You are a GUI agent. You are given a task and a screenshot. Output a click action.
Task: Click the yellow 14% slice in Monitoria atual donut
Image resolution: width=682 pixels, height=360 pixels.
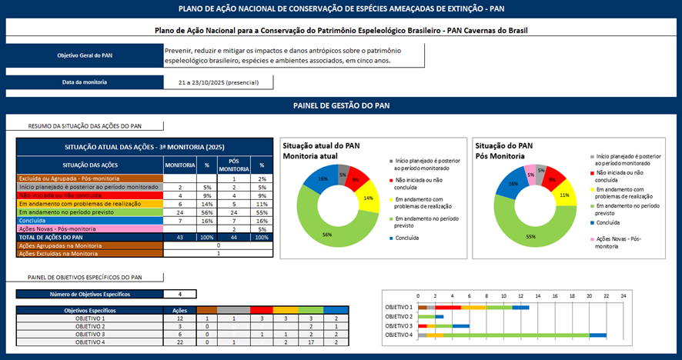(368, 199)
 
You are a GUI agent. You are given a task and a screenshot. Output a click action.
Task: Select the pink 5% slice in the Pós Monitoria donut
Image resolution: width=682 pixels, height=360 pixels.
(530, 174)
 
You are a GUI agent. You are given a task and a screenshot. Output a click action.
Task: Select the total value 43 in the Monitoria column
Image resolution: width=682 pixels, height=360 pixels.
(179, 237)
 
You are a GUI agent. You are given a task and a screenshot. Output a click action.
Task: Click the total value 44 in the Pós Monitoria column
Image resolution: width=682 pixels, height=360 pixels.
(233, 237)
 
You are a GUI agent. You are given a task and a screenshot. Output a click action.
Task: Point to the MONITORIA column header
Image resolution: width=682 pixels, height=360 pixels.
(179, 165)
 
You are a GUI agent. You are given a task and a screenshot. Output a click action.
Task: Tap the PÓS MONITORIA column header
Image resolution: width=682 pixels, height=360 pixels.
(233, 165)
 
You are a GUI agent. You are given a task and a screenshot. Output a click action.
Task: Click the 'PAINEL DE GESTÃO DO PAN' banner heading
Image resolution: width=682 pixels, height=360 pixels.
(340, 105)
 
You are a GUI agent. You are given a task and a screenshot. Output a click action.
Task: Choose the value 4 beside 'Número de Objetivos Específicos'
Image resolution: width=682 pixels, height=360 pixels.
(179, 294)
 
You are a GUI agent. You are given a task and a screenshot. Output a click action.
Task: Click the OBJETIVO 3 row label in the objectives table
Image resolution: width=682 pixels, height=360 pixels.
(89, 335)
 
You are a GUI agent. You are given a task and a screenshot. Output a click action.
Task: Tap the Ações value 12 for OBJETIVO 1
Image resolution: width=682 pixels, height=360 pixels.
(179, 318)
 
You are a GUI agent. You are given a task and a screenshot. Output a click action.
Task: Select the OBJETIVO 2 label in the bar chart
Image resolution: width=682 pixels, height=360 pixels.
(399, 316)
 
